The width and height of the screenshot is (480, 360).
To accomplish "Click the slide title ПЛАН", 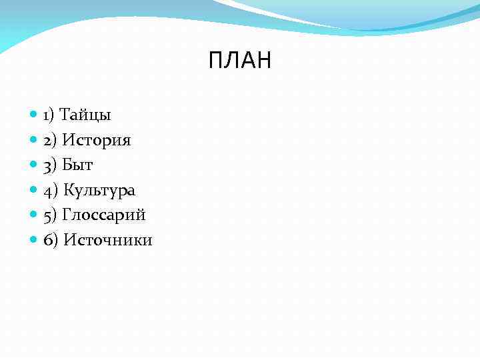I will pos(240,61).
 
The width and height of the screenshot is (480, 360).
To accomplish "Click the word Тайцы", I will pos(85,115).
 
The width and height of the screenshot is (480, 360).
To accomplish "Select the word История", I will pos(97,141).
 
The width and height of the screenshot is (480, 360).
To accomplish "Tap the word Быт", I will pos(77,165).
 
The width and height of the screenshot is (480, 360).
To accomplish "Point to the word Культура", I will pos(99,191).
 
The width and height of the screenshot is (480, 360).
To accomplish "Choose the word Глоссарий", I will pos(103,215).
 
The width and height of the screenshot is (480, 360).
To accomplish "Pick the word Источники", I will pos(107,240).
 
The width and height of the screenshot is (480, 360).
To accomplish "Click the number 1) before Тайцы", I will pos(49,115).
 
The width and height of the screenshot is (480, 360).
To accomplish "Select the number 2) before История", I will pos(50,141).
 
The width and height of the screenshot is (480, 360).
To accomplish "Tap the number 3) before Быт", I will pos(50,165).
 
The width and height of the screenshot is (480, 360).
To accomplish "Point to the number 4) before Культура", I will pos(50,191).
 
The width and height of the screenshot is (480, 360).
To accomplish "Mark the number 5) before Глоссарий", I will pos(50,215).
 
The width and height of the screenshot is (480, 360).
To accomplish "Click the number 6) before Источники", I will pos(50,240).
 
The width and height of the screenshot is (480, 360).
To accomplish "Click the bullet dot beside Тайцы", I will pos(34,115).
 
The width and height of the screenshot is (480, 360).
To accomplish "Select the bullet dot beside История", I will pos(34,140).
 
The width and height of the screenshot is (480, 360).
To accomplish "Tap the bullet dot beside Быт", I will pos(34,165).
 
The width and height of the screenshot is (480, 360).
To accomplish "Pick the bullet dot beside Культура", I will pos(34,190).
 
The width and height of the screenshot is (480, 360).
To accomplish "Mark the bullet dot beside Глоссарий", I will pos(34,215).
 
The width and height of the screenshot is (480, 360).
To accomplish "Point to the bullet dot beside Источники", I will pos(34,240).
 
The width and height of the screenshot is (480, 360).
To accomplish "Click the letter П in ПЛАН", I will pos(215,61).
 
